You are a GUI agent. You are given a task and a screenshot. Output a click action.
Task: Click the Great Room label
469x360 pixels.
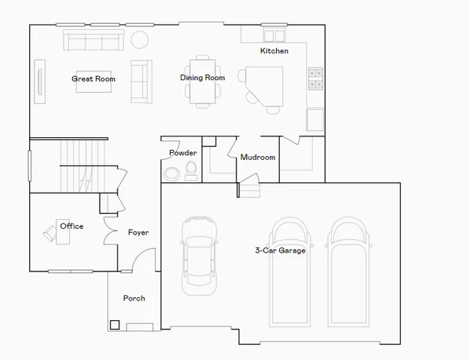coord(93,79)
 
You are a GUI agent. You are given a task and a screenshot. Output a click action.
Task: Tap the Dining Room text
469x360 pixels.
coord(203,77)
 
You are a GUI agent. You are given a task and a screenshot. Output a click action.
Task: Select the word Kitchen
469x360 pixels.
coord(274,51)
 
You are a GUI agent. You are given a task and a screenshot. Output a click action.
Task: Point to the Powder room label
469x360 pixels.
coord(182,153)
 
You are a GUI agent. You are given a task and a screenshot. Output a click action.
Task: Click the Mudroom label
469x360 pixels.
coord(257,157)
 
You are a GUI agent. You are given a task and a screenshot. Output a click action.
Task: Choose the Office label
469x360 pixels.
coord(72,226)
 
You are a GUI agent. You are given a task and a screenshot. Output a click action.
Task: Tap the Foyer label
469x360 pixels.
coord(138,232)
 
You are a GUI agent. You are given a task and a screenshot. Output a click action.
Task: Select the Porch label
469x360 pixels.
coord(134,298)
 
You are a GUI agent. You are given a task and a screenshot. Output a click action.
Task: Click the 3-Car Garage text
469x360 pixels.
coord(280,250)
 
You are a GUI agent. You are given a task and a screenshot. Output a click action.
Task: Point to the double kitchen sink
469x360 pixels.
coord(274,36)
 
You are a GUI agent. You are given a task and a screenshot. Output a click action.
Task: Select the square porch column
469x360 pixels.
coord(115,325)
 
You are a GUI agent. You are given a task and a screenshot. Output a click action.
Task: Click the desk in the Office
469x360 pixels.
coord(61,232)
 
